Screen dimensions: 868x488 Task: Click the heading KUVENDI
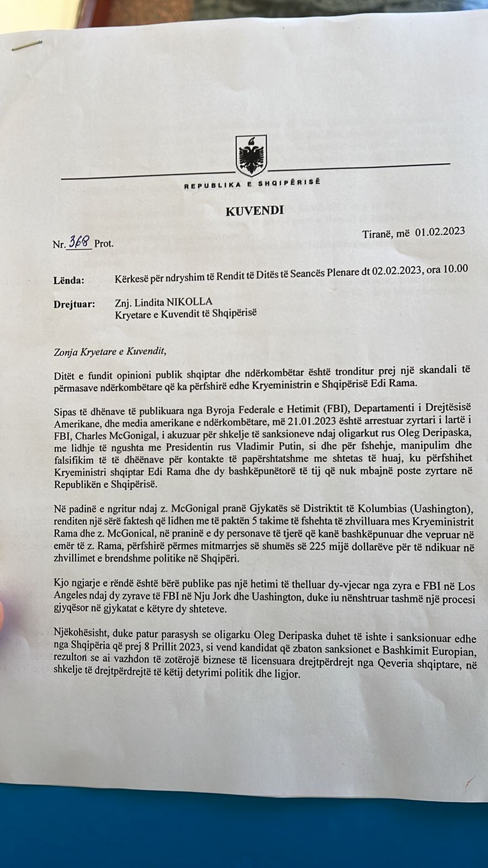pyautogui.click(x=254, y=210)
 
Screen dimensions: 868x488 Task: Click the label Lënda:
pyautogui.click(x=69, y=280)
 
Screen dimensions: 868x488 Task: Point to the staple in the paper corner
pyautogui.click(x=27, y=46)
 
